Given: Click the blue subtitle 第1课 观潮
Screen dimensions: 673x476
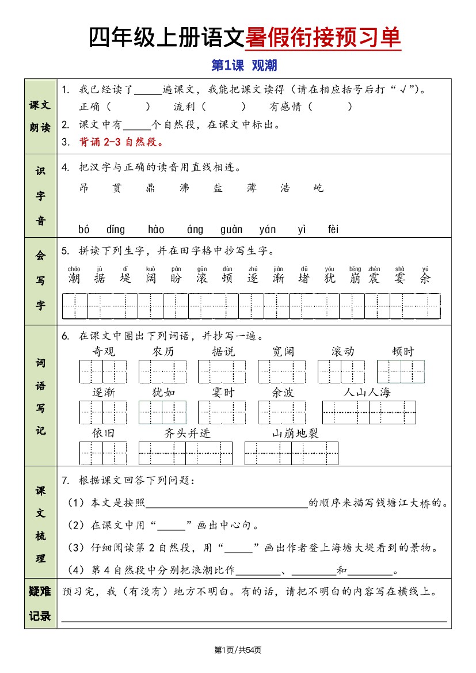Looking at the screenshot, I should point(244,66).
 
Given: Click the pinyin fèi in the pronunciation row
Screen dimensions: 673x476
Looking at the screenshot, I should point(333,230).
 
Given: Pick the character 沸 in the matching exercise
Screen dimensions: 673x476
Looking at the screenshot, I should point(184,188).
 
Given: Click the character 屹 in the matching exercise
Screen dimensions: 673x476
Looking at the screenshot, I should point(318,188).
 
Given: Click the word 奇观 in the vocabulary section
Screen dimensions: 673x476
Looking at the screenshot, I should point(104,352).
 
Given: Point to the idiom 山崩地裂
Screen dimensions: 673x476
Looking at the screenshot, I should point(295,434).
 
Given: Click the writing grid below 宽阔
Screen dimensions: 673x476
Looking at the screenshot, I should point(281,371).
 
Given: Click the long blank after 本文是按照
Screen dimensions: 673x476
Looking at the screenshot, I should point(227,503).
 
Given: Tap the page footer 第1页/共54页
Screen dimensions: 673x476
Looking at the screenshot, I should point(238,650).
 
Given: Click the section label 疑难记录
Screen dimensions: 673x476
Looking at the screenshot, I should point(40,604).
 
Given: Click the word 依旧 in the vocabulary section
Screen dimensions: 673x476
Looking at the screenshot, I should point(104,434).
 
